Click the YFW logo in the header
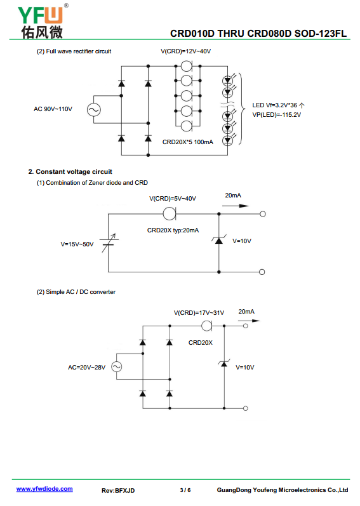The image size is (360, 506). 42,22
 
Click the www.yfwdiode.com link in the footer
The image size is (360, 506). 44,489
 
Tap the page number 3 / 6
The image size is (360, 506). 185,490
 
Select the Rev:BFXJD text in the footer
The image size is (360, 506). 118,491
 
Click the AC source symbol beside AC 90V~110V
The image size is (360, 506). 93,110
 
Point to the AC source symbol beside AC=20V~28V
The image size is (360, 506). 116,366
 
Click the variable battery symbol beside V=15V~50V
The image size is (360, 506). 109,243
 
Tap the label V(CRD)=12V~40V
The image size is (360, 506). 186,51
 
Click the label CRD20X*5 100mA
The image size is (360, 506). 188,142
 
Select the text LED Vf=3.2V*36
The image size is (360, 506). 274,105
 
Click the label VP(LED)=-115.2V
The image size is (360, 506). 276,115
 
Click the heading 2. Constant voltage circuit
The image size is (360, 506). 70,171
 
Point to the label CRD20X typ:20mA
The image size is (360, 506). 173,230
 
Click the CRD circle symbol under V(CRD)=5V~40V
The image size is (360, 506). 170,213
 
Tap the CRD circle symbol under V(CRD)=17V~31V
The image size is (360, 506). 206,326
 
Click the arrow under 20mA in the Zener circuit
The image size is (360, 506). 236,206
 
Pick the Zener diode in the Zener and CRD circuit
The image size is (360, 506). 218,241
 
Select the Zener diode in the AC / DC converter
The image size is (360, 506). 224,364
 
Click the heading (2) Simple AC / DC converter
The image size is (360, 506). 76,292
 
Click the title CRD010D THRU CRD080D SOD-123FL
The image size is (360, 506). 258,34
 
